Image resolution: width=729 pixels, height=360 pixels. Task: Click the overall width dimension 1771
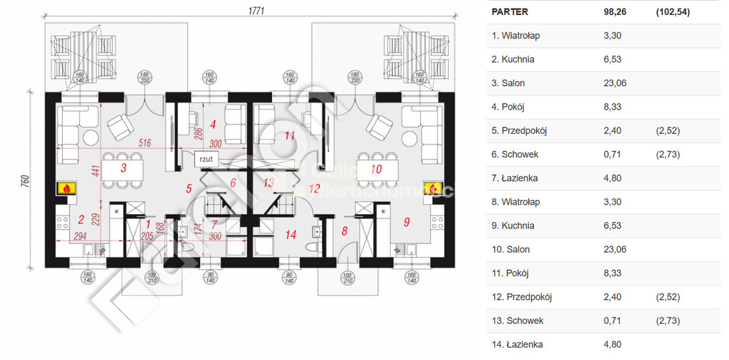256,11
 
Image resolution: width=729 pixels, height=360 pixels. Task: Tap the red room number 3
123,169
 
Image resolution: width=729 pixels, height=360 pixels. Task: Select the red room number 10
377,169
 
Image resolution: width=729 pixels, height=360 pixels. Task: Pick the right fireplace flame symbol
432,189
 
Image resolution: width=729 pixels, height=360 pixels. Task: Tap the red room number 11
290,134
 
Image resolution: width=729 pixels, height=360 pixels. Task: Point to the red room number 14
290,234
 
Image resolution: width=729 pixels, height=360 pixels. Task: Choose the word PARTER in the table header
510,11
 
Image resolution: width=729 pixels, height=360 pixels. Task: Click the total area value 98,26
613,11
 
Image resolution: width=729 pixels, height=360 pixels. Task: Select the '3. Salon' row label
508,83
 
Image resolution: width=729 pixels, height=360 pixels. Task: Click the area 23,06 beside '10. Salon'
613,250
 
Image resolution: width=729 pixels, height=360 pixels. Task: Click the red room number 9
407,221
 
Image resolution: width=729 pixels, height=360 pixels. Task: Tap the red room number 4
213,123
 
